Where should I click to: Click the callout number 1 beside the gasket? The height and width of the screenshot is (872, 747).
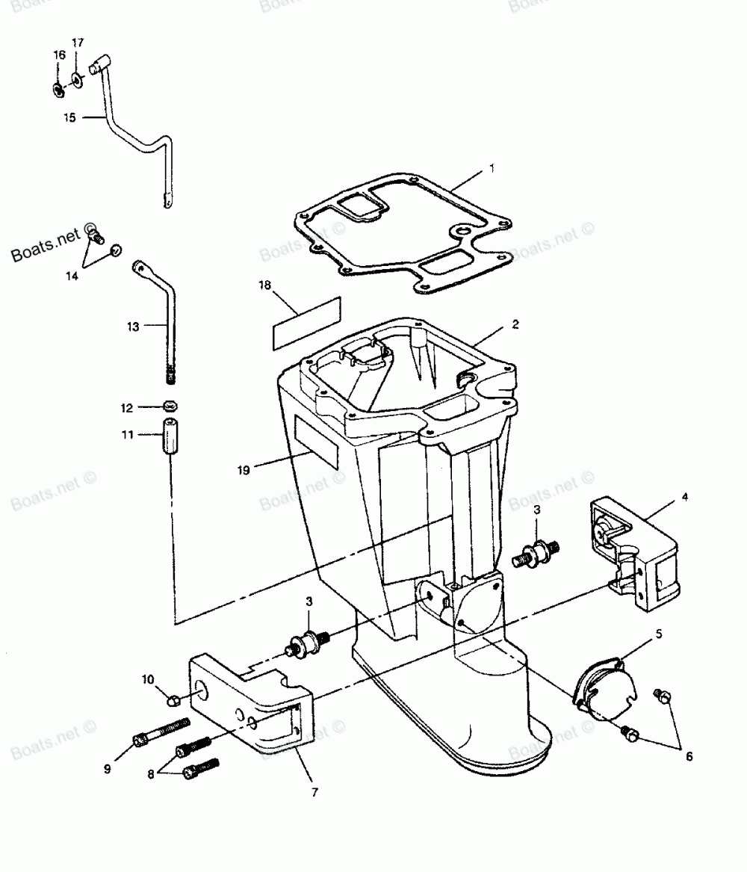491,170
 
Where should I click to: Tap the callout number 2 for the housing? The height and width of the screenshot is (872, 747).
515,325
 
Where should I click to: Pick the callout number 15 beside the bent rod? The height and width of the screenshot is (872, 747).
69,117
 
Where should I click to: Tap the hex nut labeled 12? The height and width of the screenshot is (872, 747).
170,408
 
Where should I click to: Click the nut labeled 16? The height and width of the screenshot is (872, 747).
58,90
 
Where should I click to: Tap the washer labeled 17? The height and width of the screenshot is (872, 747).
78,79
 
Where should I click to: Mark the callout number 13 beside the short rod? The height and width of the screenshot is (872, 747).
132,326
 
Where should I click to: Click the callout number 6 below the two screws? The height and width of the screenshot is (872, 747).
688,757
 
